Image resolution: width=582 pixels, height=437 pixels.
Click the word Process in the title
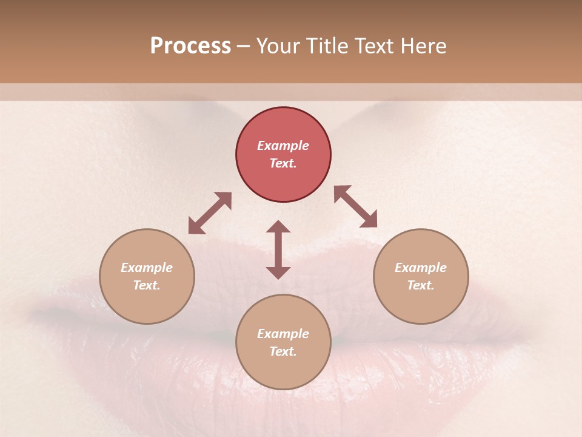190,46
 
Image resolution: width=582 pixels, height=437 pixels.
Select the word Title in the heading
326,46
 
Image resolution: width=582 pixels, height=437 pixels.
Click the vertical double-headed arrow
278,249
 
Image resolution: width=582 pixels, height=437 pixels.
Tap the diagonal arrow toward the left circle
210,213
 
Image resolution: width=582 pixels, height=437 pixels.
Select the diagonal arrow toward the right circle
356,206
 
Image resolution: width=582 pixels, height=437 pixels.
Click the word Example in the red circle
283,146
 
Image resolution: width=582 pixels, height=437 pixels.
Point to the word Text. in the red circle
283,163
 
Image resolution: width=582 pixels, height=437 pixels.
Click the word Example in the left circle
147,268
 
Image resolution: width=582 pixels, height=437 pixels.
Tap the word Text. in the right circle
421,285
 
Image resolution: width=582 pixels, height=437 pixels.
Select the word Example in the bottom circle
283,334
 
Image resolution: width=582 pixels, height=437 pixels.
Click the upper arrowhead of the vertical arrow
278,226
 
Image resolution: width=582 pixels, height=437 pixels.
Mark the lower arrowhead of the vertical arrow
278,273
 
